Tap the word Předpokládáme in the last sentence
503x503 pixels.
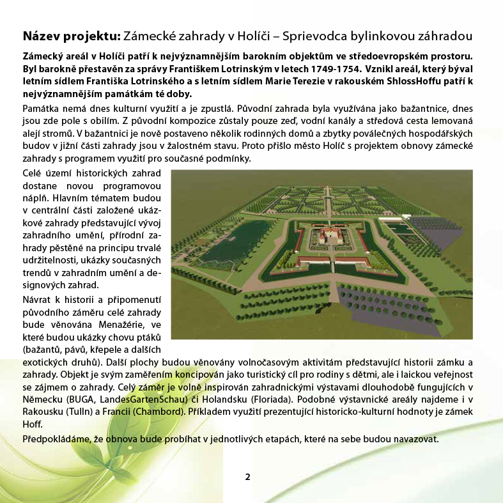[55, 440]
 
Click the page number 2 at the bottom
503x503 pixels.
[247, 477]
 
